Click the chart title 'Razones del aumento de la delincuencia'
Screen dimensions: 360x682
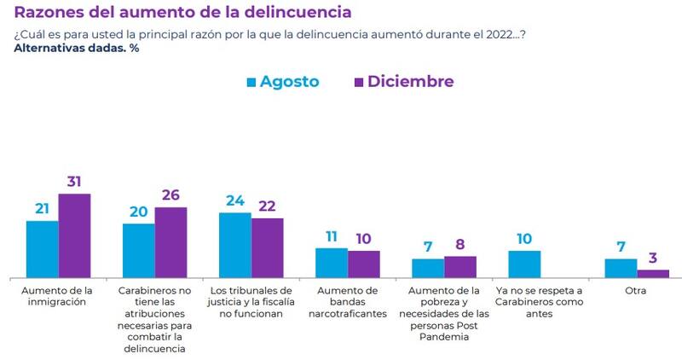182,14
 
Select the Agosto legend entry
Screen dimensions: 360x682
282,82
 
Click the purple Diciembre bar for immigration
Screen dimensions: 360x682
74,235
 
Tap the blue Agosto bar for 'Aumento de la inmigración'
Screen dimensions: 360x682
43,249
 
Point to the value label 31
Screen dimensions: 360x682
74,182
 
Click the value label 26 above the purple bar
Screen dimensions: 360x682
170,195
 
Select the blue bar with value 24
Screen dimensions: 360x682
235,245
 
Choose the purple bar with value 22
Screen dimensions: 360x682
267,247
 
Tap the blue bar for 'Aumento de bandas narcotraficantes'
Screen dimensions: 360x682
332,262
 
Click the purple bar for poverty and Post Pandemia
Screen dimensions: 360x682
460,266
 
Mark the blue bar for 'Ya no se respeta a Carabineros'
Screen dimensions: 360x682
524,264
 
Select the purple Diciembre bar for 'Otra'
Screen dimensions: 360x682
653,273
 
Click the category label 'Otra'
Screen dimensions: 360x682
637,291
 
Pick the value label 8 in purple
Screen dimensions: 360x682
460,245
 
